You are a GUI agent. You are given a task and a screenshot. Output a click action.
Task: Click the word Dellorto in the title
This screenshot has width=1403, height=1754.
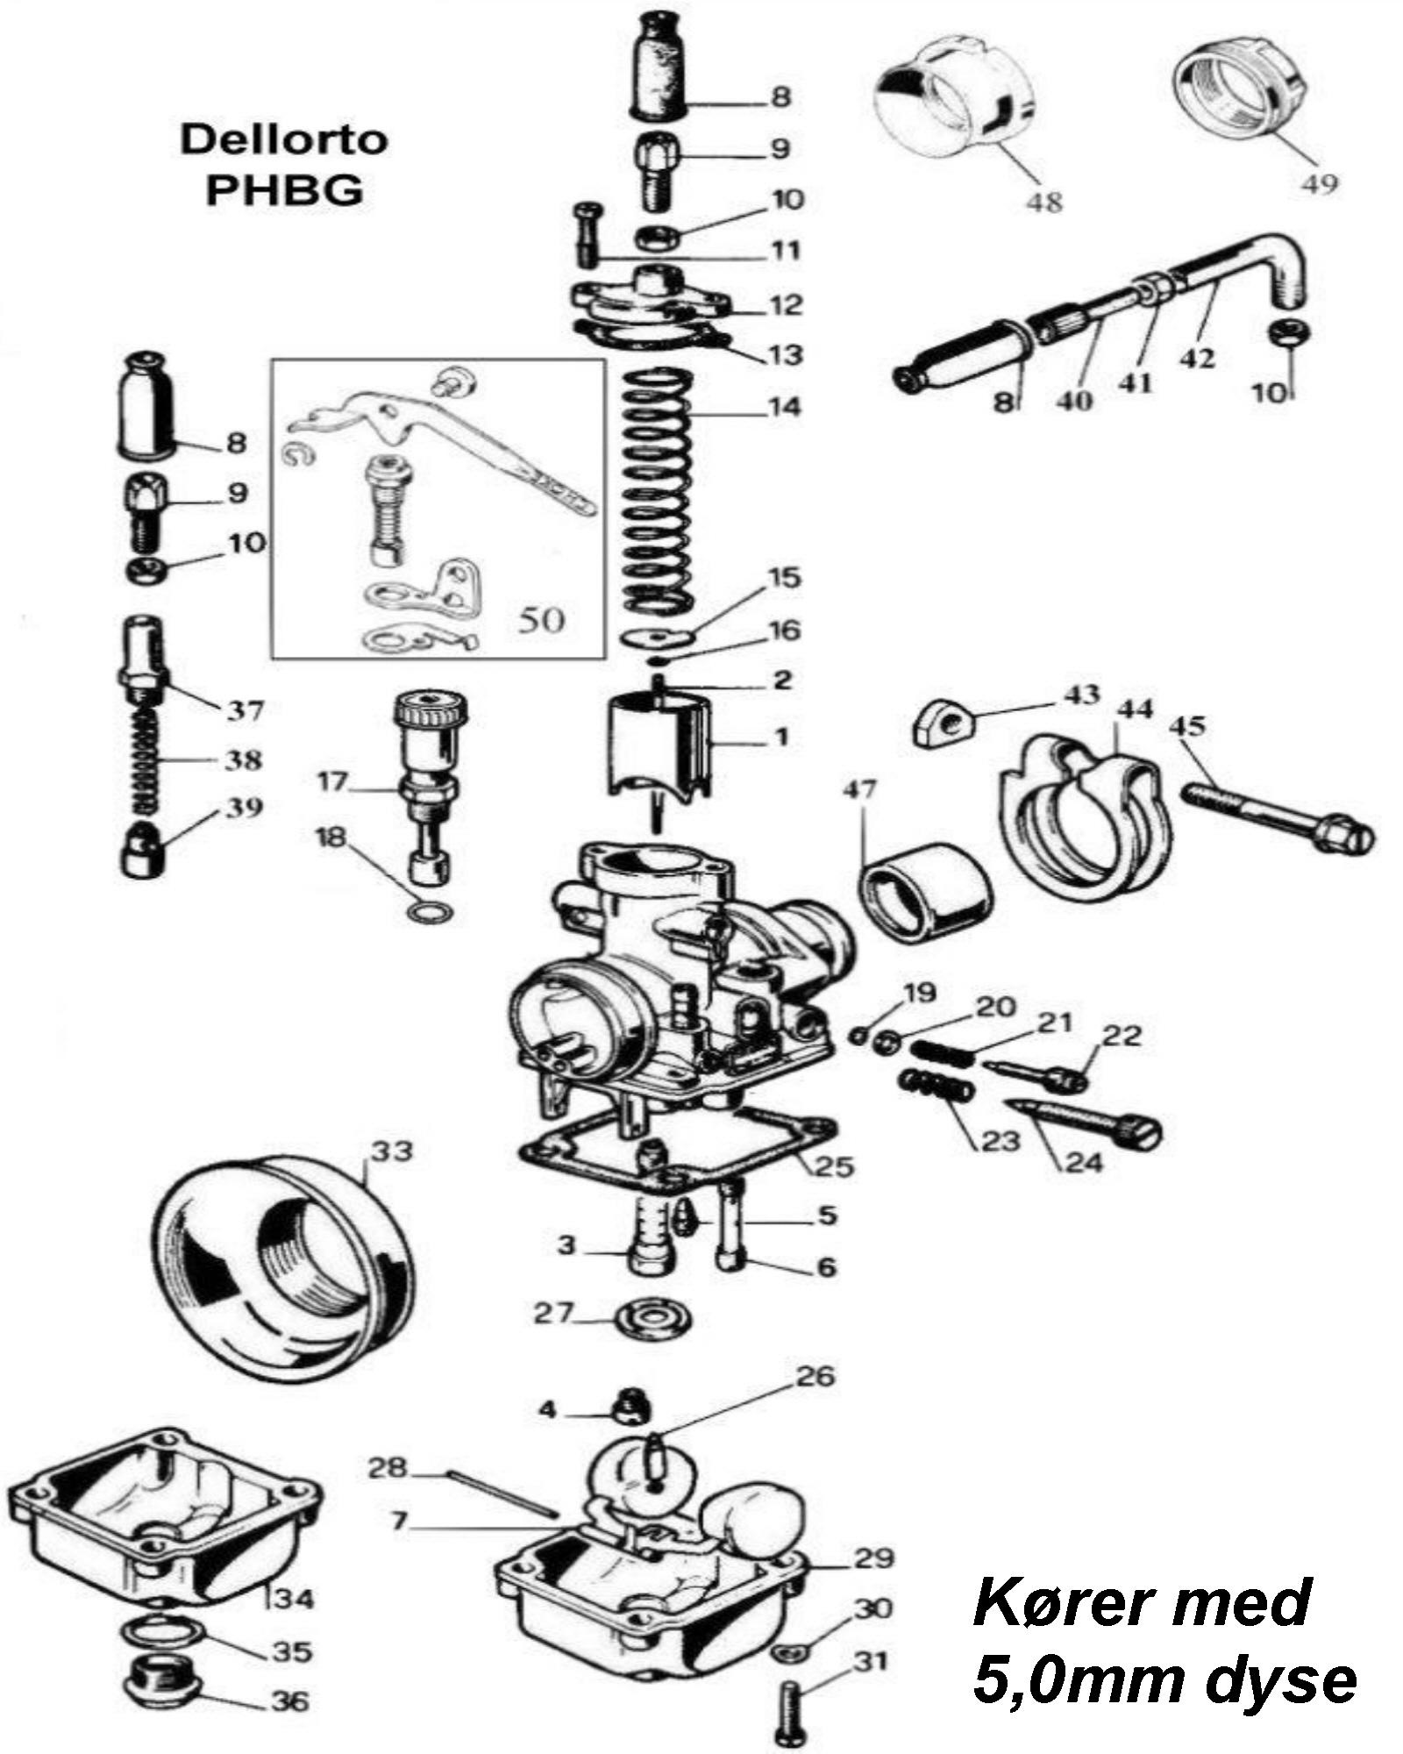pos(283,140)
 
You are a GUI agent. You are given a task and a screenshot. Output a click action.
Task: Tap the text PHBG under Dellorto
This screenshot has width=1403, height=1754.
pos(283,190)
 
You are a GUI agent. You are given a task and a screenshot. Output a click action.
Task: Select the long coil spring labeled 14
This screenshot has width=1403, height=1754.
pos(658,491)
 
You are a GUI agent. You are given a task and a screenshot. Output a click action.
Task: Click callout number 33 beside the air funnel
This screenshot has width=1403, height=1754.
pos(390,1151)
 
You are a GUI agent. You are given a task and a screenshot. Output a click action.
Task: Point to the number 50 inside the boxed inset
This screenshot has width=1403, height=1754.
pos(540,620)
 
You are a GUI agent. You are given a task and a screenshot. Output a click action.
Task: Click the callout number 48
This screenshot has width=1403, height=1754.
pos(1043,202)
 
